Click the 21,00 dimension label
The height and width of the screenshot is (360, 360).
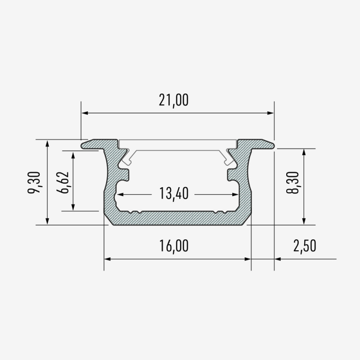pyautogui.click(x=174, y=100)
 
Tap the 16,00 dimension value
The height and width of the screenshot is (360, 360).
pyautogui.click(x=174, y=246)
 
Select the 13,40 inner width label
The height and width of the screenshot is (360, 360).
pyautogui.click(x=174, y=193)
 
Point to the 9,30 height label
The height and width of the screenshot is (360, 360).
pyautogui.click(x=34, y=182)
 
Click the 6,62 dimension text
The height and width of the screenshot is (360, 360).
pyautogui.click(x=62, y=182)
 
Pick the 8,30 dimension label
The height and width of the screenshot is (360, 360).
pyautogui.click(x=293, y=182)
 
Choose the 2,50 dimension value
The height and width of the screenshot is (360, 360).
pyautogui.click(x=305, y=246)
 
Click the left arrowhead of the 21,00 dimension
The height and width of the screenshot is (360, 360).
pyautogui.click(x=85, y=113)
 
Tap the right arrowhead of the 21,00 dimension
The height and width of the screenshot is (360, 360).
pyautogui.click(x=271, y=113)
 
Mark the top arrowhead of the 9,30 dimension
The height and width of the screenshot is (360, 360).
pyautogui.click(x=47, y=144)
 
